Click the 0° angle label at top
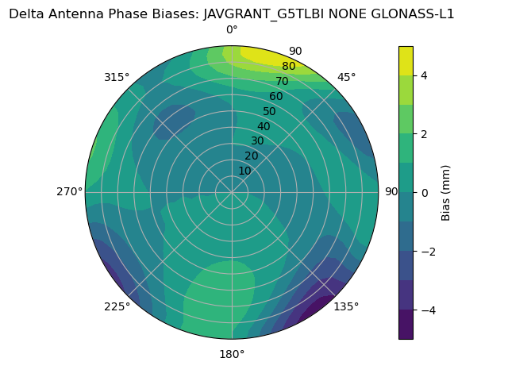tap(232, 30)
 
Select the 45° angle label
tap(346, 77)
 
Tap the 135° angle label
tap(346, 306)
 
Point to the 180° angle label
tap(232, 354)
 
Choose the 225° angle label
tap(117, 306)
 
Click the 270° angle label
tap(69, 191)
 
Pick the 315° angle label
tap(117, 77)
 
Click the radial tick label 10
tap(245, 171)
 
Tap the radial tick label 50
tap(269, 111)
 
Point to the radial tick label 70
tap(282, 81)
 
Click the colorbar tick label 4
tap(425, 75)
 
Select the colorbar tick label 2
tap(425, 134)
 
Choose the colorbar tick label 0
tap(425, 193)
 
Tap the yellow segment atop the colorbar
tap(406, 61)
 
